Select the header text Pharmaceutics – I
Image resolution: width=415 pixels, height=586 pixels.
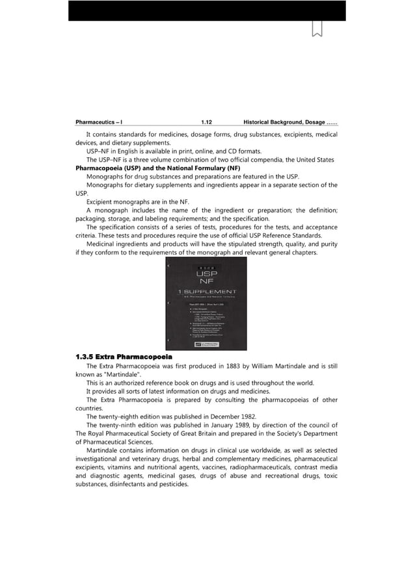(100, 121)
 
